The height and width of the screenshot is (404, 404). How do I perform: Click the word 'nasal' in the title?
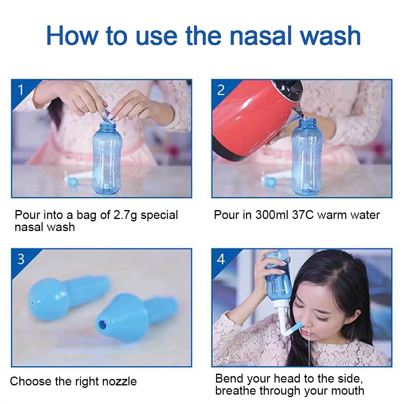[261, 36]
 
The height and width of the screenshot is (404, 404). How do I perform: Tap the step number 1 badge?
[21, 90]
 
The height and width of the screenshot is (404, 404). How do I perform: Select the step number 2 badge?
[221, 90]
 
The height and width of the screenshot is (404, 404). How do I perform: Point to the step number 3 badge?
[21, 259]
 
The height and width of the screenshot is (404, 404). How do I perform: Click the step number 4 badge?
[221, 259]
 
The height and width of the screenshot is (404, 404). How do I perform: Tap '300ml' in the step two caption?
[272, 215]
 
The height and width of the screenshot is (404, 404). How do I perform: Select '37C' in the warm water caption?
[303, 215]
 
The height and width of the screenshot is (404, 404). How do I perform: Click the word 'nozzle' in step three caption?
[120, 381]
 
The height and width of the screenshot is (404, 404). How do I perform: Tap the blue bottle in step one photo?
[107, 158]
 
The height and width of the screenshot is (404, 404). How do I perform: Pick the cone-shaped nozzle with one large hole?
[137, 318]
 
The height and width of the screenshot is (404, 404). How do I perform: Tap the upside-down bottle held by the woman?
[279, 281]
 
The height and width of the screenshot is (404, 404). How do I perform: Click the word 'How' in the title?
[72, 36]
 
